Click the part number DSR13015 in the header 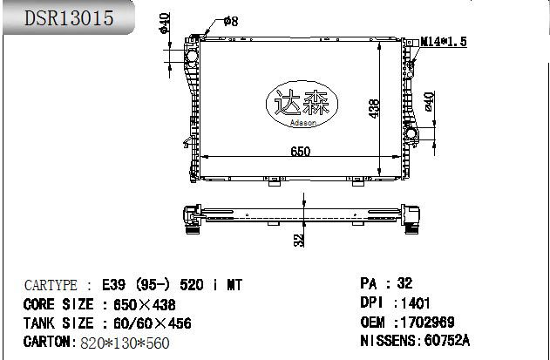pos(69,18)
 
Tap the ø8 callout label pos(231,21)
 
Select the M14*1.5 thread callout pos(444,41)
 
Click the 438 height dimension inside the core pos(374,109)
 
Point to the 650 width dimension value pos(301,151)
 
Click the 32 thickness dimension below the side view pos(299,241)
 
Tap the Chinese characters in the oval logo pos(302,102)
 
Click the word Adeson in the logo pos(303,123)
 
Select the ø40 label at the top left pos(165,24)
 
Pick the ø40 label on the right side pos(430,102)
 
